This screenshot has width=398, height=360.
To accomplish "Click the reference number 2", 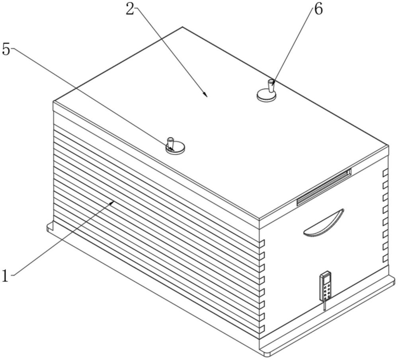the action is click(x=130, y=9).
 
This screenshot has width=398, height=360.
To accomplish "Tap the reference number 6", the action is click(x=318, y=10).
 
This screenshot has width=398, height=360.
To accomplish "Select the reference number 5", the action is click(x=6, y=49).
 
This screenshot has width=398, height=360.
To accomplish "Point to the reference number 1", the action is click(x=5, y=276).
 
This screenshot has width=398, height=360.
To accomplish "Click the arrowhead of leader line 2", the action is click(x=206, y=94).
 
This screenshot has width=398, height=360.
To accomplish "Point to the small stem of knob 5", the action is click(x=170, y=142).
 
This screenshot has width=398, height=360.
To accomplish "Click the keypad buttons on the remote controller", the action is click(x=326, y=291).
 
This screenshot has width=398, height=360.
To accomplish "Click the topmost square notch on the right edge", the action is click(x=386, y=173).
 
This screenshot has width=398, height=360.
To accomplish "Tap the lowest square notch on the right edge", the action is click(x=386, y=258).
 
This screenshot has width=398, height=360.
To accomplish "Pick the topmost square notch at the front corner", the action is click(x=262, y=243).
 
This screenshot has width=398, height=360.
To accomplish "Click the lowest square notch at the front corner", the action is click(x=262, y=329).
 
